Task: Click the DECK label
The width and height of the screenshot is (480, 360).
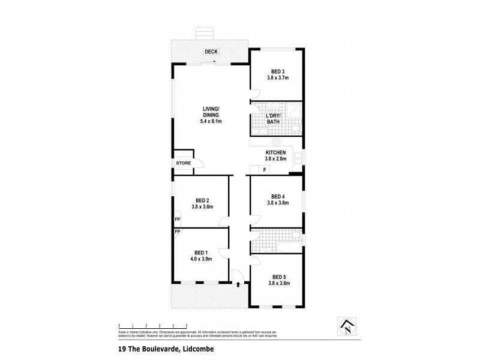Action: pyautogui.click(x=211, y=52)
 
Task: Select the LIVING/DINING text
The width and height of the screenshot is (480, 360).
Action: pyautogui.click(x=211, y=112)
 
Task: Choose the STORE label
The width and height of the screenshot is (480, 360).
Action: pyautogui.click(x=183, y=163)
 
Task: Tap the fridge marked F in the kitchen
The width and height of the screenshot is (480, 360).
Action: pyautogui.click(x=264, y=170)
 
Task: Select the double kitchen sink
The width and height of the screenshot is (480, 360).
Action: pyautogui.click(x=298, y=159)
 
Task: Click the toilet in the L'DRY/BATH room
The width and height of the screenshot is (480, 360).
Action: pyautogui.click(x=295, y=128)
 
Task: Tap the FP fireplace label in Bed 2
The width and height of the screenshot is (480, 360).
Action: pyautogui.click(x=177, y=220)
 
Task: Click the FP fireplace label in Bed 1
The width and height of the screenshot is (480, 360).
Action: pyautogui.click(x=177, y=232)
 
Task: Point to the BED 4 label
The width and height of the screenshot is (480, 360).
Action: pyautogui.click(x=278, y=196)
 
